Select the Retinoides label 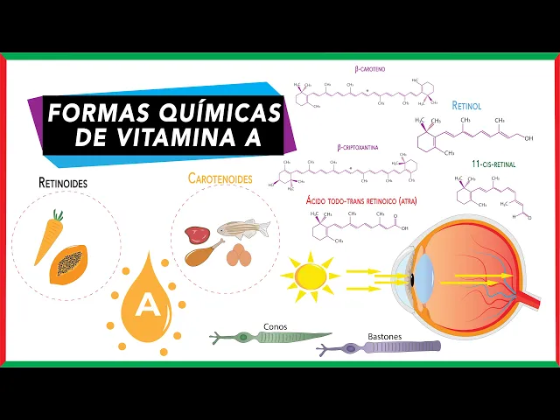click(63, 184)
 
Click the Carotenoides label click(220, 178)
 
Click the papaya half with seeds click(68, 262)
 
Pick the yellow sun click(310, 276)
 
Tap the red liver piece click(196, 234)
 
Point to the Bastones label click(358, 334)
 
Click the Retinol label click(466, 106)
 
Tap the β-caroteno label click(370, 68)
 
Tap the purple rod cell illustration click(385, 347)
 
